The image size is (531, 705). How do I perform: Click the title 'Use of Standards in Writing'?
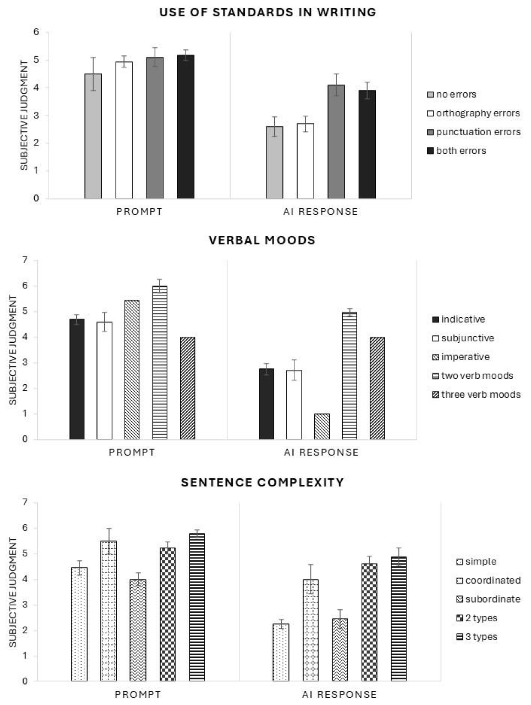coord(268,12)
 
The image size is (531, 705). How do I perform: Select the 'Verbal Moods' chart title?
coord(262,240)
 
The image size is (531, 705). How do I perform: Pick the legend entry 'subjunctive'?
coord(467,338)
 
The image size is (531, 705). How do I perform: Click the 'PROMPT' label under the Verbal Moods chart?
coord(132,452)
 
